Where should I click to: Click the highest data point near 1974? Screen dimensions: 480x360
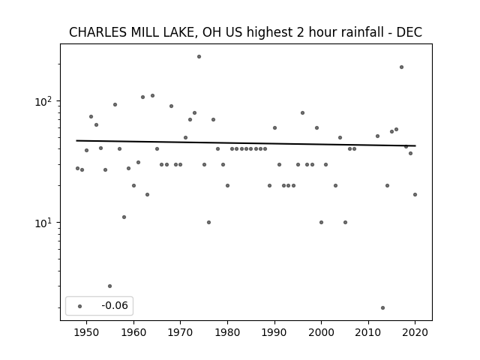pyautogui.click(x=199, y=57)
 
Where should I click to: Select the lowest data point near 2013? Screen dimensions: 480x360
pyautogui.click(x=382, y=307)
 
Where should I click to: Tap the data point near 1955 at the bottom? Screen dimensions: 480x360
pyautogui.click(x=110, y=286)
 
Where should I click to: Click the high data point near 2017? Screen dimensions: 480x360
pyautogui.click(x=401, y=67)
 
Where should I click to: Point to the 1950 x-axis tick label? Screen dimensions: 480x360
pyautogui.click(x=87, y=332)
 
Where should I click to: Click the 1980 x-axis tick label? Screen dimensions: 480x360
pyautogui.click(x=227, y=332)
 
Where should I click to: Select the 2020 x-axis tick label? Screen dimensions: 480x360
pyautogui.click(x=415, y=332)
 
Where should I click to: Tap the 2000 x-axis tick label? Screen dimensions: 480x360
pyautogui.click(x=321, y=332)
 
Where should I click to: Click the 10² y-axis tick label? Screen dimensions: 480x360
pyautogui.click(x=44, y=101)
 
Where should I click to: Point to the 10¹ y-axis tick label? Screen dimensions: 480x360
pyautogui.click(x=44, y=223)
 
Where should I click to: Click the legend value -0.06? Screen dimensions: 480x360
pyautogui.click(x=115, y=305)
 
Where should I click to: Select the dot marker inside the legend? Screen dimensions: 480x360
pyautogui.click(x=79, y=306)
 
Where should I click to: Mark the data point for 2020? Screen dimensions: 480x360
pyautogui.click(x=415, y=194)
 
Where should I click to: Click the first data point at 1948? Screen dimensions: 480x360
pyautogui.click(x=77, y=168)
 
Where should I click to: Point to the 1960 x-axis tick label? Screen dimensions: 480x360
pyautogui.click(x=133, y=332)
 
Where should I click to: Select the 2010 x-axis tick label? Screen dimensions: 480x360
pyautogui.click(x=368, y=332)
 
